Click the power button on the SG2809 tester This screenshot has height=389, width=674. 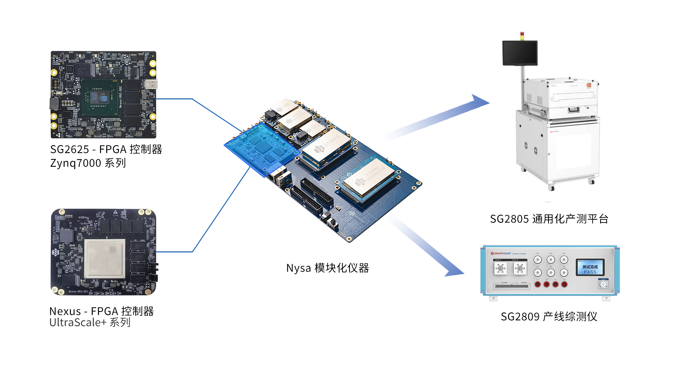pos(603,284)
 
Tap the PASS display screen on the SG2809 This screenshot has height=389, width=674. pos(590,267)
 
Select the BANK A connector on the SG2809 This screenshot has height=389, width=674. pos(500,268)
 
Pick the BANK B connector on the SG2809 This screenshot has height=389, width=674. pos(520,268)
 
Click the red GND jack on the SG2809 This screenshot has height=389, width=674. pos(564,284)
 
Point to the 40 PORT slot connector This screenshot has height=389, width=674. pos(511,286)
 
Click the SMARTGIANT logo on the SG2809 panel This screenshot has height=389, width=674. pos(501,253)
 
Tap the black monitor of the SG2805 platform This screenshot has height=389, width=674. pos(520,53)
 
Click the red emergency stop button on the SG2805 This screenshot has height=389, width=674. pos(589,85)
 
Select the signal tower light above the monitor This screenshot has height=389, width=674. pos(522,36)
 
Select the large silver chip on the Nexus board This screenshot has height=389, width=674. pos(105,258)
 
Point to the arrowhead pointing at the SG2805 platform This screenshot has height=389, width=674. pos(480,101)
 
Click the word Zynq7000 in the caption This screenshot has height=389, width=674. pos(76,163)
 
